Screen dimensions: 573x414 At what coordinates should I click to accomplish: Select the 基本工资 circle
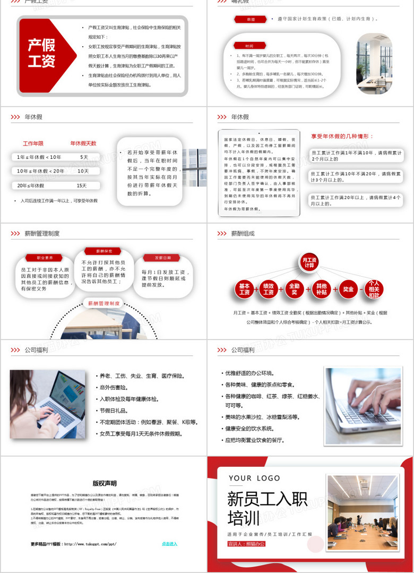click(244, 289)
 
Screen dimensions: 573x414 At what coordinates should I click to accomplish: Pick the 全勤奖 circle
click(295, 289)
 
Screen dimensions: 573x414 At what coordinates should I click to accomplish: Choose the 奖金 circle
click(348, 289)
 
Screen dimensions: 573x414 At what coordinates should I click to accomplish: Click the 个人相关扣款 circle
click(374, 289)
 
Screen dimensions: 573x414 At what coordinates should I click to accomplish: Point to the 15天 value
click(81, 186)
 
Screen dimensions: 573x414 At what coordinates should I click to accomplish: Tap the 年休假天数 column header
click(83, 143)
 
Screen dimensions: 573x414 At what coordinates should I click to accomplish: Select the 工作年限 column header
click(33, 143)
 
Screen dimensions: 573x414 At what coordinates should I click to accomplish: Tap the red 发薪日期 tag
click(162, 258)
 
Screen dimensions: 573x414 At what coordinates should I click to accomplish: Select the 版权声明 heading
click(104, 483)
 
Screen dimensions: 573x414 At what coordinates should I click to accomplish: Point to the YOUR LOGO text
click(254, 478)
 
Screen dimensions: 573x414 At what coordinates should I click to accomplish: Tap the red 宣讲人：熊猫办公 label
click(246, 544)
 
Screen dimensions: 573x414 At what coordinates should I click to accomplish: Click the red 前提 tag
click(251, 19)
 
